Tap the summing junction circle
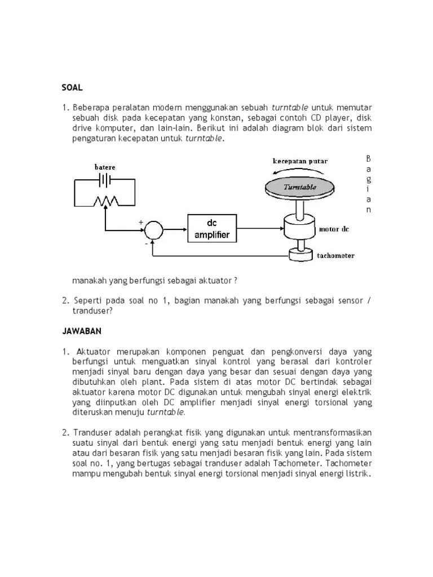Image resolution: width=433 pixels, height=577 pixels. [x=153, y=230]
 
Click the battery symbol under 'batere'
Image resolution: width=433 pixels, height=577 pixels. [x=104, y=179]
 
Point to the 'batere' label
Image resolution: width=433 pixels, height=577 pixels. [x=104, y=167]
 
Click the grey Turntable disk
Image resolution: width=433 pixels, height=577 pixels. [x=299, y=187]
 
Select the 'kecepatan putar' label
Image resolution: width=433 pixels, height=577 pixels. [x=300, y=161]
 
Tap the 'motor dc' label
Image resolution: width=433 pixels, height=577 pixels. [x=334, y=229]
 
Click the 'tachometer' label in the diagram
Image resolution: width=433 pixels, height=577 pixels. [x=335, y=255]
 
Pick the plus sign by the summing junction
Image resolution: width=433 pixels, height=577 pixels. [x=141, y=223]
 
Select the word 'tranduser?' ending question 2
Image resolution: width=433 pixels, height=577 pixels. [x=92, y=310]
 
